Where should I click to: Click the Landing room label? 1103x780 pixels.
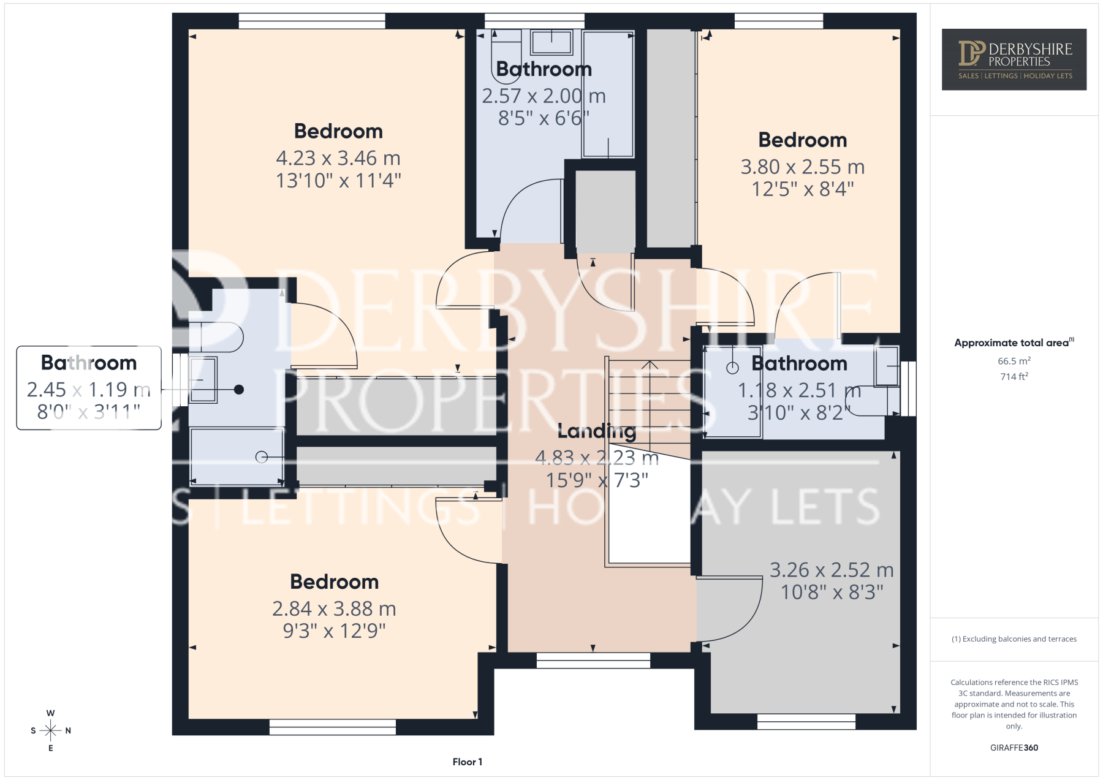597,432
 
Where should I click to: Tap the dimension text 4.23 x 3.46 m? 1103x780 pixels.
338,158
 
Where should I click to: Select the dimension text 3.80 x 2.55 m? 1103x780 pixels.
803,167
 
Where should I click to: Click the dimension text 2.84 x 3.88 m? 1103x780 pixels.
334,608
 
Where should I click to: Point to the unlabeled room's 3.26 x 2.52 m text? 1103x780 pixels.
832,570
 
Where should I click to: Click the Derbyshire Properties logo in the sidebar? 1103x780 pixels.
1014,59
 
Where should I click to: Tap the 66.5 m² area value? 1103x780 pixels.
1014,361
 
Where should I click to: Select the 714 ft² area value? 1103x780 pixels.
1014,376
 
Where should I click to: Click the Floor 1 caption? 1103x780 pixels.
468,762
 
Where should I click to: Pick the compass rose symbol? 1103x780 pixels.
51,730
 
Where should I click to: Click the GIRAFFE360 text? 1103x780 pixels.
1014,748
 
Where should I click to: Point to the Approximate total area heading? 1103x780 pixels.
1014,343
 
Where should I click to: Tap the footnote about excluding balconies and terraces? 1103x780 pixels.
1014,639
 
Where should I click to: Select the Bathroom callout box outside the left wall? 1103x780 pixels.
89,388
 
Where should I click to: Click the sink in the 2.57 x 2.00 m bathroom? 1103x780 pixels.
551,43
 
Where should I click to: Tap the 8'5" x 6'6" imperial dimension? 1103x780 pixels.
544,118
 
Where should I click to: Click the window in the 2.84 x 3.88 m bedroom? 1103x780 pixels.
333,727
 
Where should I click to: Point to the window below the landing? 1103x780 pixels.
593,660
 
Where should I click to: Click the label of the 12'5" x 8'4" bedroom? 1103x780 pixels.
803,140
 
